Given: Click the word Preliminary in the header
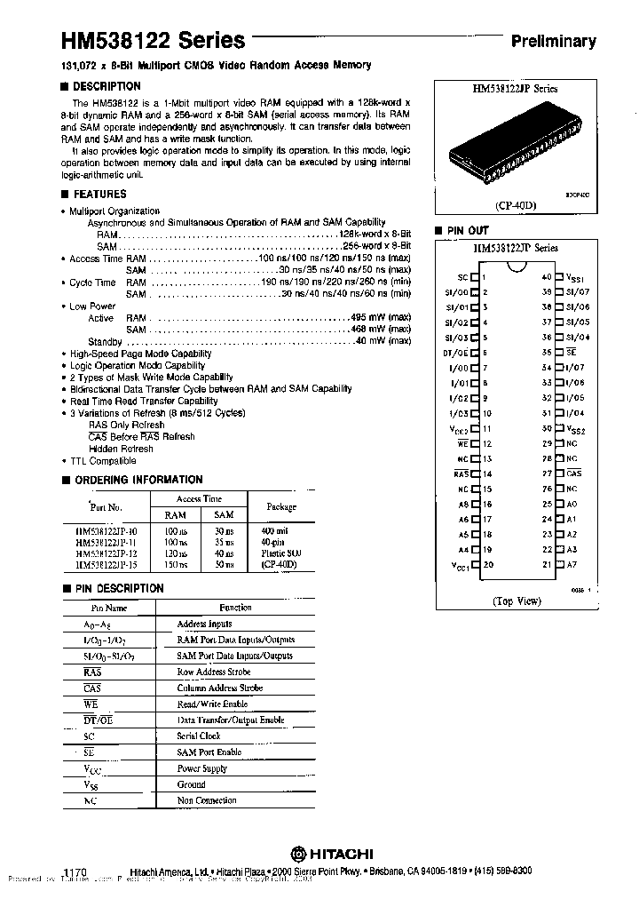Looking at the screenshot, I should point(552,41).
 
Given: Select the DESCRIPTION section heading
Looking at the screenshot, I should point(106,86).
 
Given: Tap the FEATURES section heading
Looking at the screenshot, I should point(99,194).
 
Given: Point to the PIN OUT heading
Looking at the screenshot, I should point(467,230).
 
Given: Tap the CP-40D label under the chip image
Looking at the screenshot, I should point(516,203).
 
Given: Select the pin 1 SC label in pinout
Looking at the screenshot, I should point(461,277).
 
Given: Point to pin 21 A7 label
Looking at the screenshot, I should point(572,564).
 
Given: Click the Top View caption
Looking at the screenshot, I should point(516,601).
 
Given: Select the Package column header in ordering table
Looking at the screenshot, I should point(280,506).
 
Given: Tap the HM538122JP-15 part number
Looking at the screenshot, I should point(106,565).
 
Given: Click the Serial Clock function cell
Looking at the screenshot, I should point(199,736).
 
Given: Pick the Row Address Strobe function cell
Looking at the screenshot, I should point(214,672).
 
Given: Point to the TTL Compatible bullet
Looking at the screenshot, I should point(103,461).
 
